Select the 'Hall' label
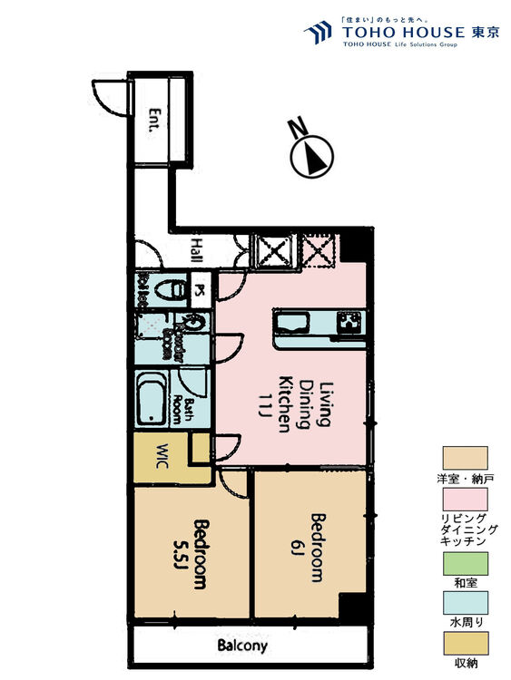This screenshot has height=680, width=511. (x=197, y=248)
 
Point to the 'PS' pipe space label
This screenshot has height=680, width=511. (x=200, y=290)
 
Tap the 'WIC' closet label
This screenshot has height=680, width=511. (x=162, y=451)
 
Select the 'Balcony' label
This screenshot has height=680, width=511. (x=242, y=646)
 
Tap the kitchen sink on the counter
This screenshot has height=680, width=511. (x=293, y=323)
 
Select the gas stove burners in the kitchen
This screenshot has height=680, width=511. (x=349, y=321)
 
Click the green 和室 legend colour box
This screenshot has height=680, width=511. (x=465, y=562)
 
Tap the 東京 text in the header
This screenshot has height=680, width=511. (x=485, y=33)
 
